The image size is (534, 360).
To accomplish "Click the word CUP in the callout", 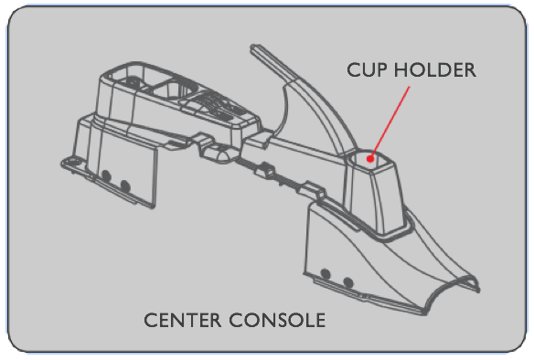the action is (x=368, y=70).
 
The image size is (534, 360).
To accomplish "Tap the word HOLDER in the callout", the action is (x=435, y=70).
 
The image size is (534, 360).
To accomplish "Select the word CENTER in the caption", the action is (x=183, y=320).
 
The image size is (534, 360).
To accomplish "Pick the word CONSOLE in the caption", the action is (x=277, y=320).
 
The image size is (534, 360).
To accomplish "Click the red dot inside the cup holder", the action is (x=370, y=159).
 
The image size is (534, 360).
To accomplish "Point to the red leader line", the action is (x=390, y=121).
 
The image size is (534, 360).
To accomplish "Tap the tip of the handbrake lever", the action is (x=255, y=48).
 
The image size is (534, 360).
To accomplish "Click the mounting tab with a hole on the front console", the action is (x=72, y=162).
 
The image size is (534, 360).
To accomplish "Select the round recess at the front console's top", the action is (x=132, y=82).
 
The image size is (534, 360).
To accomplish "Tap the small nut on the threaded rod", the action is (x=266, y=169).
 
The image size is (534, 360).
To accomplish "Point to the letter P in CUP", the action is (x=382, y=70).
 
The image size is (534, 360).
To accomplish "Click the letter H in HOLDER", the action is (x=400, y=70).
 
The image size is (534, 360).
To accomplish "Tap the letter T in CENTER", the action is (x=191, y=321).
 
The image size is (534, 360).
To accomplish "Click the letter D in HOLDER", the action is (x=443, y=70).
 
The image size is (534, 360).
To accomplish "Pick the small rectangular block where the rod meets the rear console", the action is (x=312, y=190).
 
